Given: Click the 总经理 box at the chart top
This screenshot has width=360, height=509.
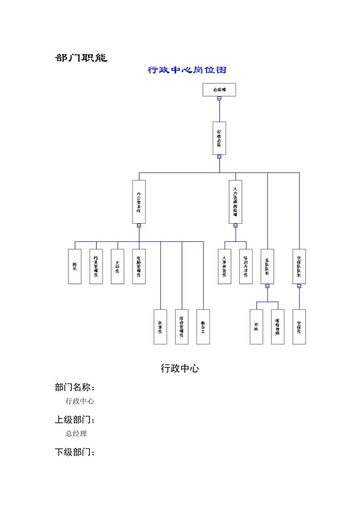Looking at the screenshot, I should point(219,90).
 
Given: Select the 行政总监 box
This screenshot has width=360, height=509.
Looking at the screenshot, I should point(219,138).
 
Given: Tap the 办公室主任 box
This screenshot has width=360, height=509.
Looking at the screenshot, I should point(139,201).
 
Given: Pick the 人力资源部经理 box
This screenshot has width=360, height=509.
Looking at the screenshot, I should point(235,201).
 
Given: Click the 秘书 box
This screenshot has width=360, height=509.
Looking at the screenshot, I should point(75,266).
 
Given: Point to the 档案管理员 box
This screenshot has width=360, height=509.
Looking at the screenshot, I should point(96,266).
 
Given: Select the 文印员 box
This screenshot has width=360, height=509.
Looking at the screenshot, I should point(117,266).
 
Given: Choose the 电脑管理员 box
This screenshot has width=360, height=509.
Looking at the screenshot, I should point(139,266).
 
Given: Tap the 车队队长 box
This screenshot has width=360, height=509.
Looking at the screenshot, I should point(267,266).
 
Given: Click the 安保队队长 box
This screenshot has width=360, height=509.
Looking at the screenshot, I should point(299,266).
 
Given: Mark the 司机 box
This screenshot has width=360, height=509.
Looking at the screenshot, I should point(256,326).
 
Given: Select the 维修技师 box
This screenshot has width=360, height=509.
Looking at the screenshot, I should point(277,326).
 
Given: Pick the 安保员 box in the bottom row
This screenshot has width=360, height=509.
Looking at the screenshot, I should point(299,326).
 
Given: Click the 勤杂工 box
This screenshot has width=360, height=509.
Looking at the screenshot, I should point(203,326).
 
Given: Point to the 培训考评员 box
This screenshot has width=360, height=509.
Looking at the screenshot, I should point(246,266).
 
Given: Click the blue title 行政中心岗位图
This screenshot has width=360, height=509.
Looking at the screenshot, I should point(187,70).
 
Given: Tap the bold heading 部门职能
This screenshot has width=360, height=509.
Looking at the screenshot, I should point(81,58).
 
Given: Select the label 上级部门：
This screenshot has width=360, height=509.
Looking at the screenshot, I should point(75,420).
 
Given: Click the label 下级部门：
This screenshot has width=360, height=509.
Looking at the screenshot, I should point(75,452).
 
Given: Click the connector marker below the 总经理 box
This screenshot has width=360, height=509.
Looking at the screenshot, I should point(219,98).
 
